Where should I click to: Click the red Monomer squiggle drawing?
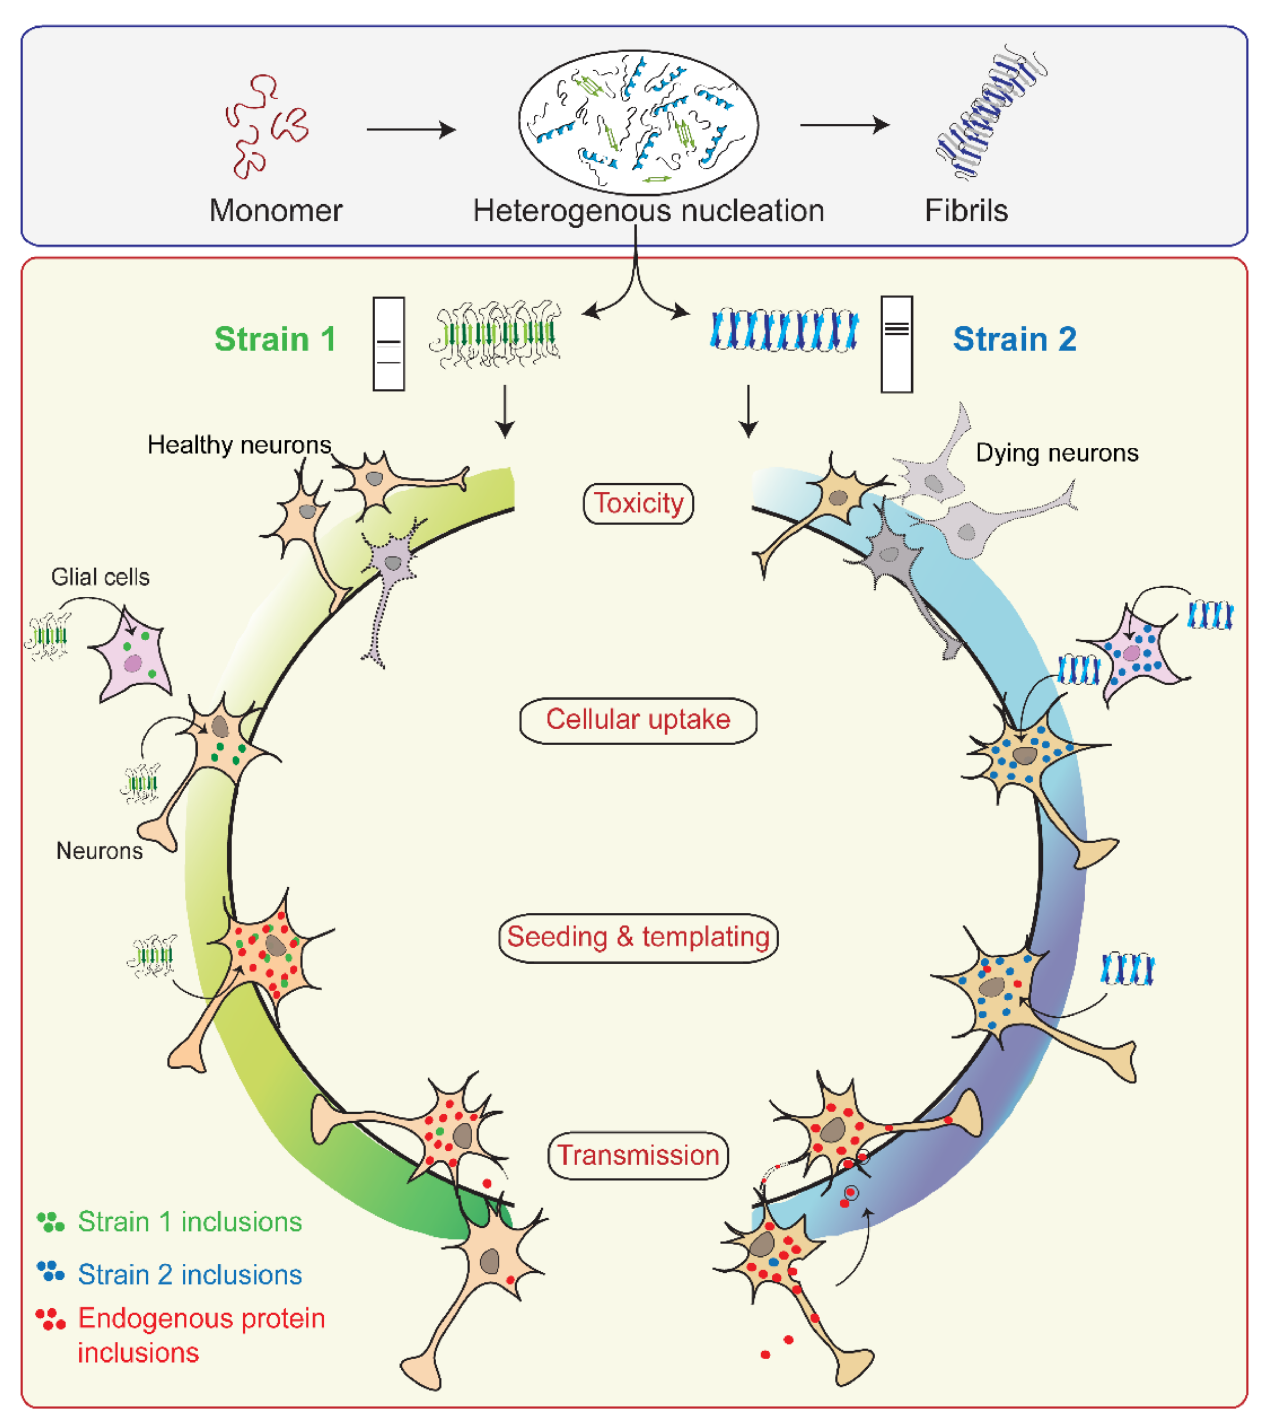pos(265,126)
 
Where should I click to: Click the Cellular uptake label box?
pos(638,720)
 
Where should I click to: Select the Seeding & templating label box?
pos(638,937)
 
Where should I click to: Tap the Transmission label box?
pos(638,1155)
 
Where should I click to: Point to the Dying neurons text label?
pos(1056,453)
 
